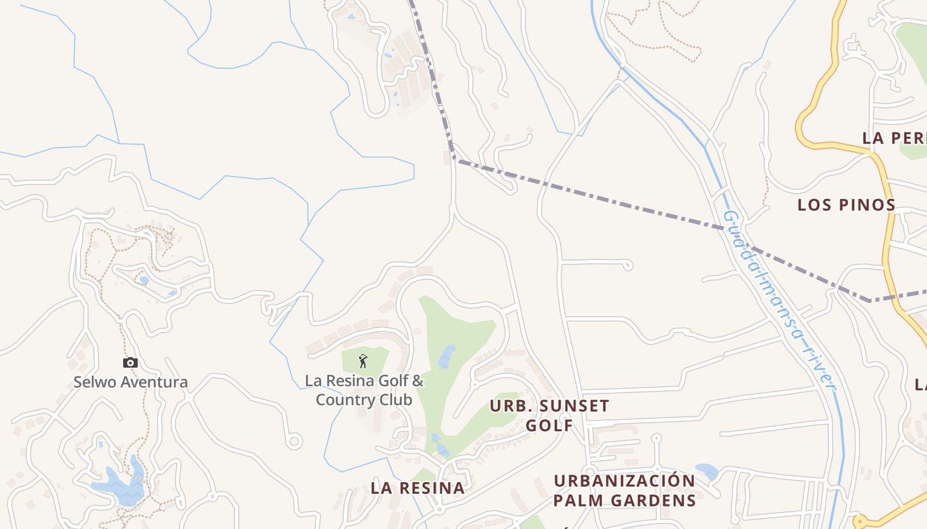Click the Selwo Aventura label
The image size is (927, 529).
pyautogui.click(x=130, y=382)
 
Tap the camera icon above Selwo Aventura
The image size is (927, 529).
pyautogui.click(x=130, y=362)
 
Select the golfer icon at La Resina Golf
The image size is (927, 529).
pyautogui.click(x=362, y=361)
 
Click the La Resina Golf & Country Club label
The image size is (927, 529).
pyautogui.click(x=364, y=390)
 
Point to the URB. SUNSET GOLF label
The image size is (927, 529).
pyautogui.click(x=549, y=415)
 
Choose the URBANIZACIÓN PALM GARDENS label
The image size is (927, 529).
pyautogui.click(x=624, y=490)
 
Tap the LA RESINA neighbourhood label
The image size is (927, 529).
pyautogui.click(x=418, y=488)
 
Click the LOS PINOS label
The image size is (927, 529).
pyautogui.click(x=846, y=204)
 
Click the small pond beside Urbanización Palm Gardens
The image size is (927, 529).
pyautogui.click(x=707, y=471)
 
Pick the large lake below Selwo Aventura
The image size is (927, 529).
pyautogui.click(x=119, y=488)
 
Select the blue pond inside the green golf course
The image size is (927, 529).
pyautogui.click(x=447, y=356)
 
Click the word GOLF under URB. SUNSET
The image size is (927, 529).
pyautogui.click(x=549, y=425)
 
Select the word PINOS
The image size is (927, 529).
pyautogui.click(x=868, y=204)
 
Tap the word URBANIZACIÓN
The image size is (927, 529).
pyautogui.click(x=624, y=481)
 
